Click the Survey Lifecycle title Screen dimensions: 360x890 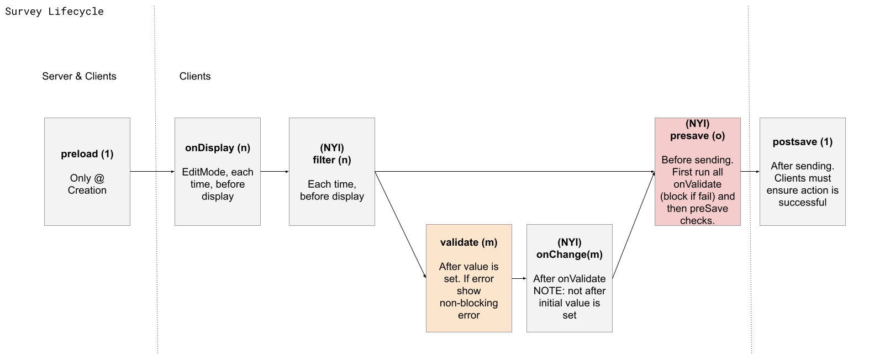[x=54, y=12]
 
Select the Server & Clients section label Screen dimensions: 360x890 [x=79, y=76]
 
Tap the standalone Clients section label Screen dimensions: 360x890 [x=194, y=76]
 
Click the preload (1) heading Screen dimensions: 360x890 [x=87, y=154]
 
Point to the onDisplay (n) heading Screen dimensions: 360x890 [x=217, y=148]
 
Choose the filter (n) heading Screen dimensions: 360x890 [x=331, y=160]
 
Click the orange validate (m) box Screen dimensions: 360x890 [x=468, y=278]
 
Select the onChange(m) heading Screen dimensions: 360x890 [x=569, y=255]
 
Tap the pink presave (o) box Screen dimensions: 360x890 [x=697, y=171]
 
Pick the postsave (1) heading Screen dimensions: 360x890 [x=802, y=142]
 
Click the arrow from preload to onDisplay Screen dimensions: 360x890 [x=152, y=172]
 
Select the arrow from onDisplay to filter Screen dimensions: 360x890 [x=275, y=172]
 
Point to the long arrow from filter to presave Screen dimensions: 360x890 [x=514, y=172]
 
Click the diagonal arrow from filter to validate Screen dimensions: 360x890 [x=401, y=224]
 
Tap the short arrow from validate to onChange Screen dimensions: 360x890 [x=519, y=279]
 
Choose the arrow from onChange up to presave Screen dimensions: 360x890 [x=634, y=225]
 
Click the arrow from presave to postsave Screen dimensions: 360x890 [x=750, y=172]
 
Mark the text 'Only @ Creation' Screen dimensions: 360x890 [x=87, y=184]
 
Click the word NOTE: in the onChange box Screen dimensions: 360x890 [x=549, y=291]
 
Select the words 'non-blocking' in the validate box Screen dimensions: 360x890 [x=468, y=303]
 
